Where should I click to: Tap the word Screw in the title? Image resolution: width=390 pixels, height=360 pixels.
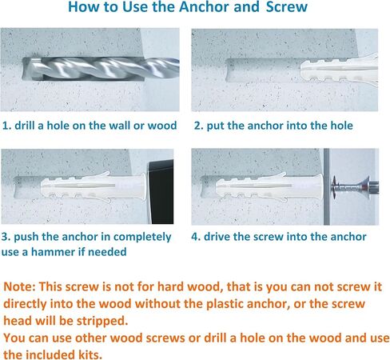[x=287, y=7]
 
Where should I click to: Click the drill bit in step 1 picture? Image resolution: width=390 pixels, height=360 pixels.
[x=102, y=69]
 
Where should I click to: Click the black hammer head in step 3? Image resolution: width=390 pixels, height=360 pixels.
[x=161, y=191]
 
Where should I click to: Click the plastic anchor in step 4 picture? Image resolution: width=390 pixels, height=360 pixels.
[x=270, y=186]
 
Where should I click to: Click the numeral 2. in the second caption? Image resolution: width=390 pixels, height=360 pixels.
[x=199, y=126]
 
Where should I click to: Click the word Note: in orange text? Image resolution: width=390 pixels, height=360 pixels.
[x=20, y=286]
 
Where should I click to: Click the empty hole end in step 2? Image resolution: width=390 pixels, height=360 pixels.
[x=229, y=70]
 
